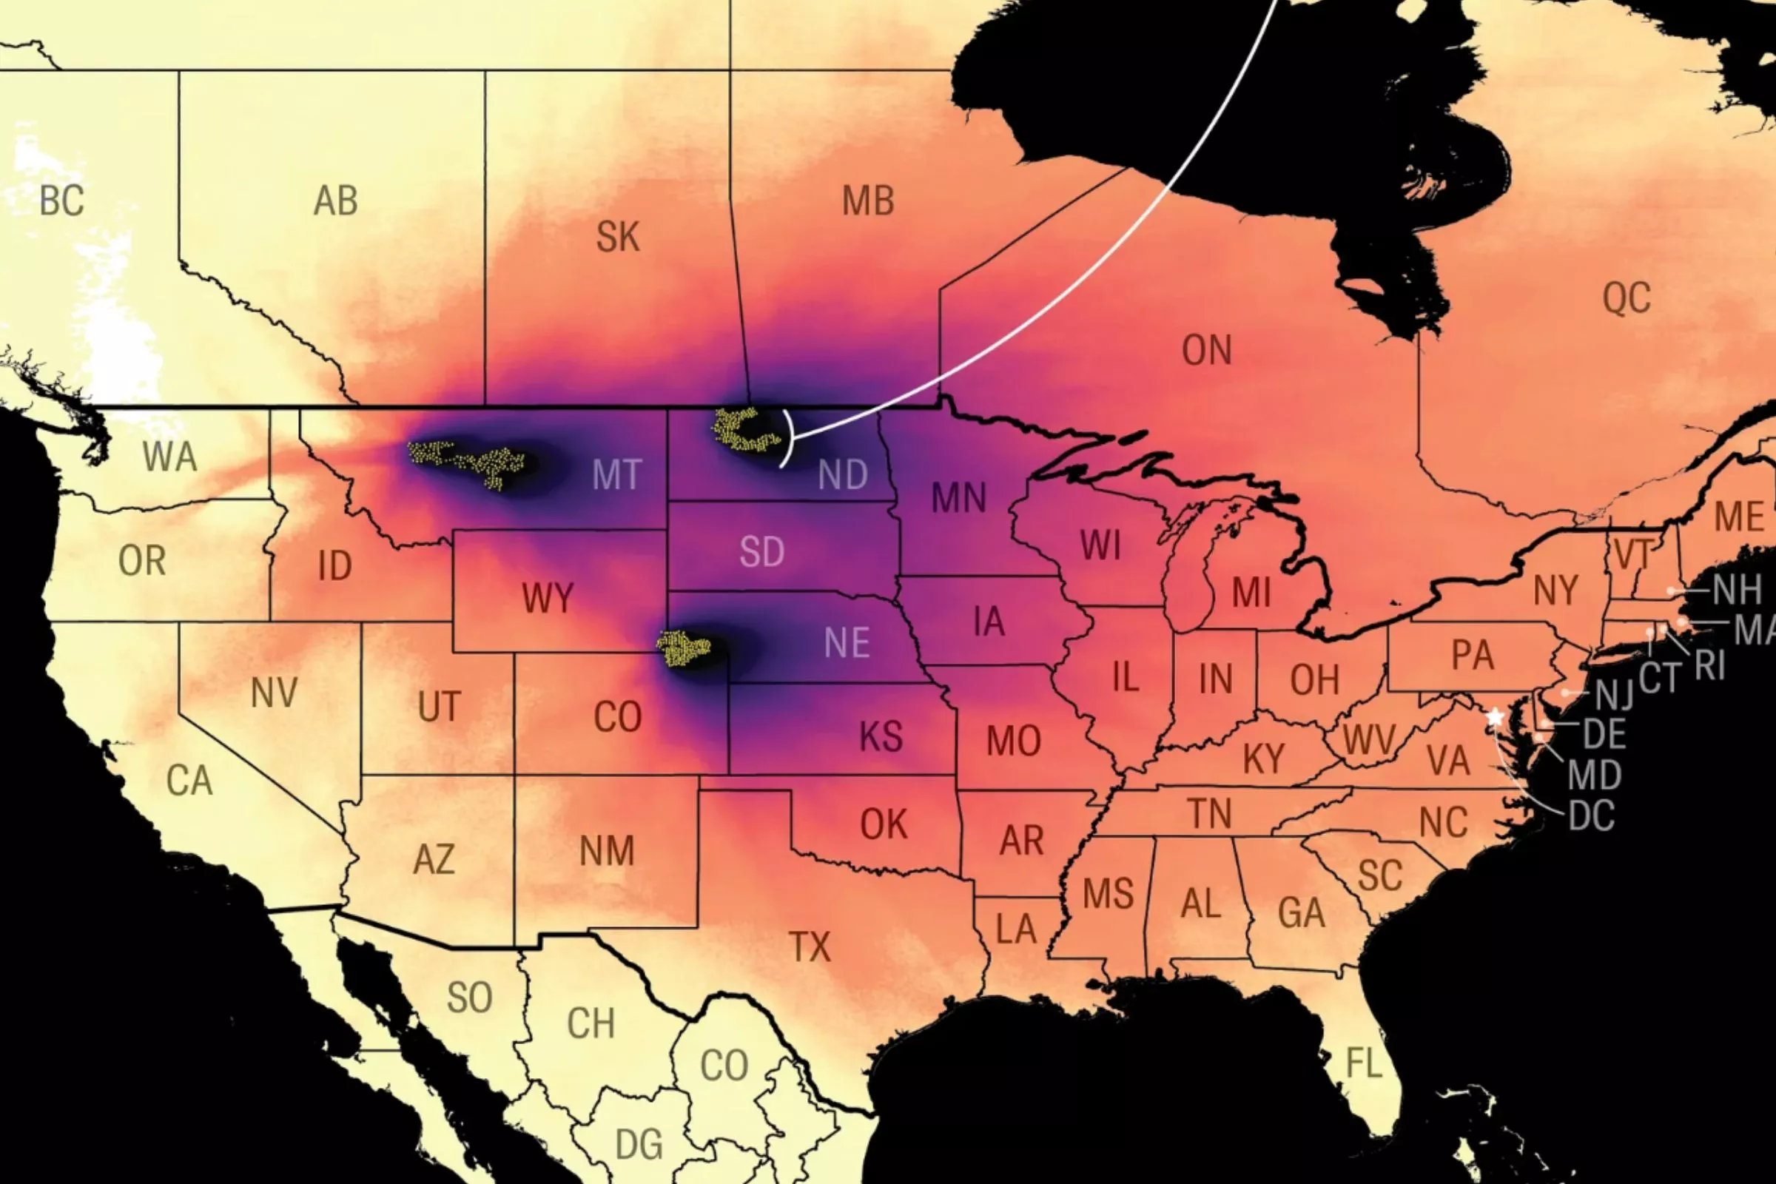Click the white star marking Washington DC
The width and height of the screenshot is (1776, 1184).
[x=1495, y=716]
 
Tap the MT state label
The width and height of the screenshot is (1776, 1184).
[x=617, y=475]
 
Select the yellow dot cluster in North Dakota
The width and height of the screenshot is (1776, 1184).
[x=744, y=431]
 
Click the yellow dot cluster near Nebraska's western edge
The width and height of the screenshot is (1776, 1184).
[x=683, y=649]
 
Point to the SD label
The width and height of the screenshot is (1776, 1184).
[x=762, y=552]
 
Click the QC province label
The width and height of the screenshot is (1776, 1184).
[x=1627, y=298]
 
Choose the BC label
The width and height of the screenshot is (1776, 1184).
[x=62, y=201]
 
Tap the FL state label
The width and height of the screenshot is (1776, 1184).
[x=1364, y=1064]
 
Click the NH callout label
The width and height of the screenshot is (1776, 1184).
[x=1737, y=590]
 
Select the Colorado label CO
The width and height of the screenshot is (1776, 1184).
[x=617, y=716]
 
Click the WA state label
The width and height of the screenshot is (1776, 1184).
[x=169, y=457]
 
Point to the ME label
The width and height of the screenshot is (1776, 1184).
[x=1739, y=517]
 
